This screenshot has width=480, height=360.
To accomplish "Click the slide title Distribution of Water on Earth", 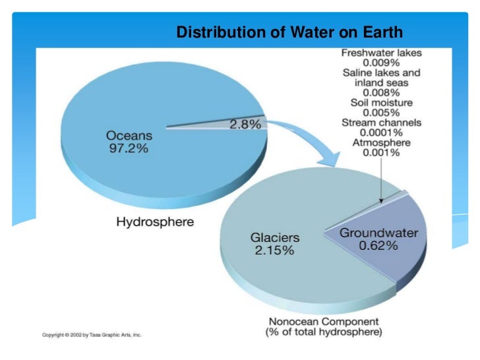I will pos(289,32).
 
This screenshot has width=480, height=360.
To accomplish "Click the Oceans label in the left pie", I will pos(129,135).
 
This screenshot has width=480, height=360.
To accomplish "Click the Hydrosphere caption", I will pos(155,222).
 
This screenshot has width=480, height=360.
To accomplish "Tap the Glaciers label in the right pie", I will pos(275,237).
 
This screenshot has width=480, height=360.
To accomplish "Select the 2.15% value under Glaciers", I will pos(272,251).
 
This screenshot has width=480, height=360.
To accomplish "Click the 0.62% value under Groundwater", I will pos(378,246).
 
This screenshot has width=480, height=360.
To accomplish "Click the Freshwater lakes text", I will pos(381,53).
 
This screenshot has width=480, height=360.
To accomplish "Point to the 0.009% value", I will pos(381,63).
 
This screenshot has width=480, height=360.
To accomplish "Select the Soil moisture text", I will pos(381,103).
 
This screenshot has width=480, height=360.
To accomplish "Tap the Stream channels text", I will pos(381,123).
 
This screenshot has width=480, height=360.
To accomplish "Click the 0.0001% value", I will pos(381,133).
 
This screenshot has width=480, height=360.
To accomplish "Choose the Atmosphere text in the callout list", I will pos(381,142).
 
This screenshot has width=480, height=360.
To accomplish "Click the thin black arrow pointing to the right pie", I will pos(382,178).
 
